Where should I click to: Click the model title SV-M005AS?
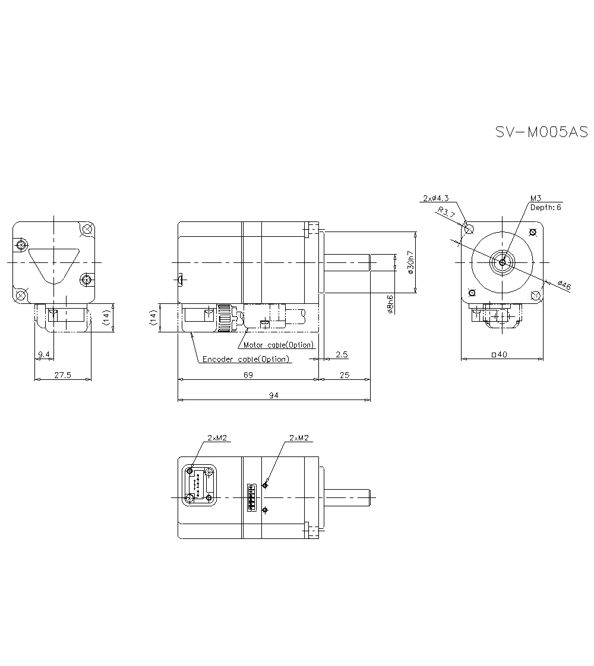point(541,132)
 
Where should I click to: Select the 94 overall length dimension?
point(274,395)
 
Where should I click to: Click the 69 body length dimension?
point(248,375)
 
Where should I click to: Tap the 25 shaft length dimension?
point(345,375)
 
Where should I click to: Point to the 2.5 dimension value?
point(342,354)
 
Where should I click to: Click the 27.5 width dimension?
point(62,375)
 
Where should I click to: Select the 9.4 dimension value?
point(44,354)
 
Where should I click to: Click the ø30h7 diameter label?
point(409,262)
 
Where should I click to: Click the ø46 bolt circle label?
point(564,286)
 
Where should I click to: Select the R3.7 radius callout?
point(446,212)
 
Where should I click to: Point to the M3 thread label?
point(536,198)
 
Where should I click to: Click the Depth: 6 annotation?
point(545,207)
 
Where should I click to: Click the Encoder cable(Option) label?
point(246,359)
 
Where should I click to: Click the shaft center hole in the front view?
point(503,262)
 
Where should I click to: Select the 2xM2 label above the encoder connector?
point(217,437)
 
